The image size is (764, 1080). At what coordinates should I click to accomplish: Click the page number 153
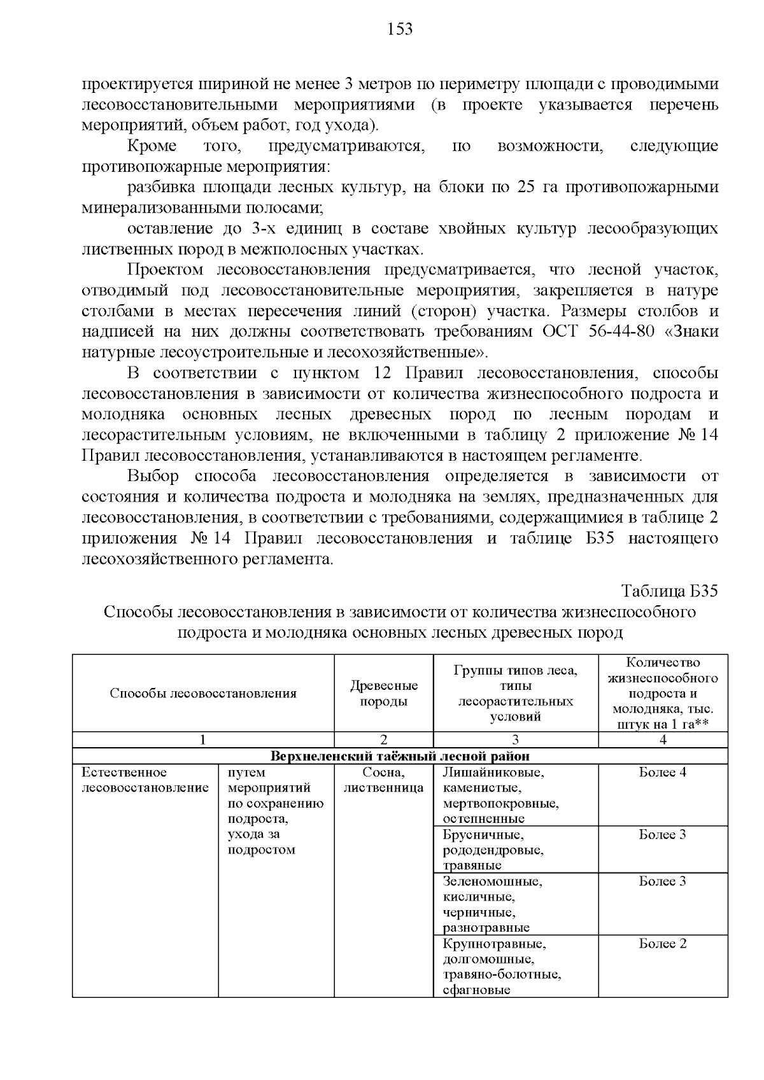click(x=400, y=29)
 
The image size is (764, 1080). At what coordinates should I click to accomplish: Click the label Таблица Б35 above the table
click(x=669, y=591)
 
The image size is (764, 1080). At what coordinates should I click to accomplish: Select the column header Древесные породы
click(x=384, y=693)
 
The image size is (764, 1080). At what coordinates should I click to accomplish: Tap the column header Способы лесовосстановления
click(x=203, y=693)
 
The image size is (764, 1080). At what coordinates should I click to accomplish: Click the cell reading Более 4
click(x=662, y=773)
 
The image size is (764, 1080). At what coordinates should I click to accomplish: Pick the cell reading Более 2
click(x=662, y=943)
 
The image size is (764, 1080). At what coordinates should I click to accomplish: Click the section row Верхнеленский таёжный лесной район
click(x=400, y=756)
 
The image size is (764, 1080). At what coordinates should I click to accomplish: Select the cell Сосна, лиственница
click(x=384, y=780)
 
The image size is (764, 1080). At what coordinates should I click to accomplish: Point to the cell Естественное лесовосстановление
click(x=145, y=780)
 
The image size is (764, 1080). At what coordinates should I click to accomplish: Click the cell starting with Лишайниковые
click(x=500, y=796)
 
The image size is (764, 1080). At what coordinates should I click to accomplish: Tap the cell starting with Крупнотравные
click(x=500, y=966)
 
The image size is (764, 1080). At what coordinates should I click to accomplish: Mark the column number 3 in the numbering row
click(x=516, y=740)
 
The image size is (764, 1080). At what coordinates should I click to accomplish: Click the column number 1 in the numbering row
click(x=202, y=740)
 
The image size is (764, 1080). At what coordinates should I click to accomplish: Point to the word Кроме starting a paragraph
click(x=152, y=146)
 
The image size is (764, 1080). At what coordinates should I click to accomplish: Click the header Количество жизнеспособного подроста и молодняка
click(x=663, y=693)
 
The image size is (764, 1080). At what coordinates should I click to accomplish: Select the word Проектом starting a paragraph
click(x=163, y=270)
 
